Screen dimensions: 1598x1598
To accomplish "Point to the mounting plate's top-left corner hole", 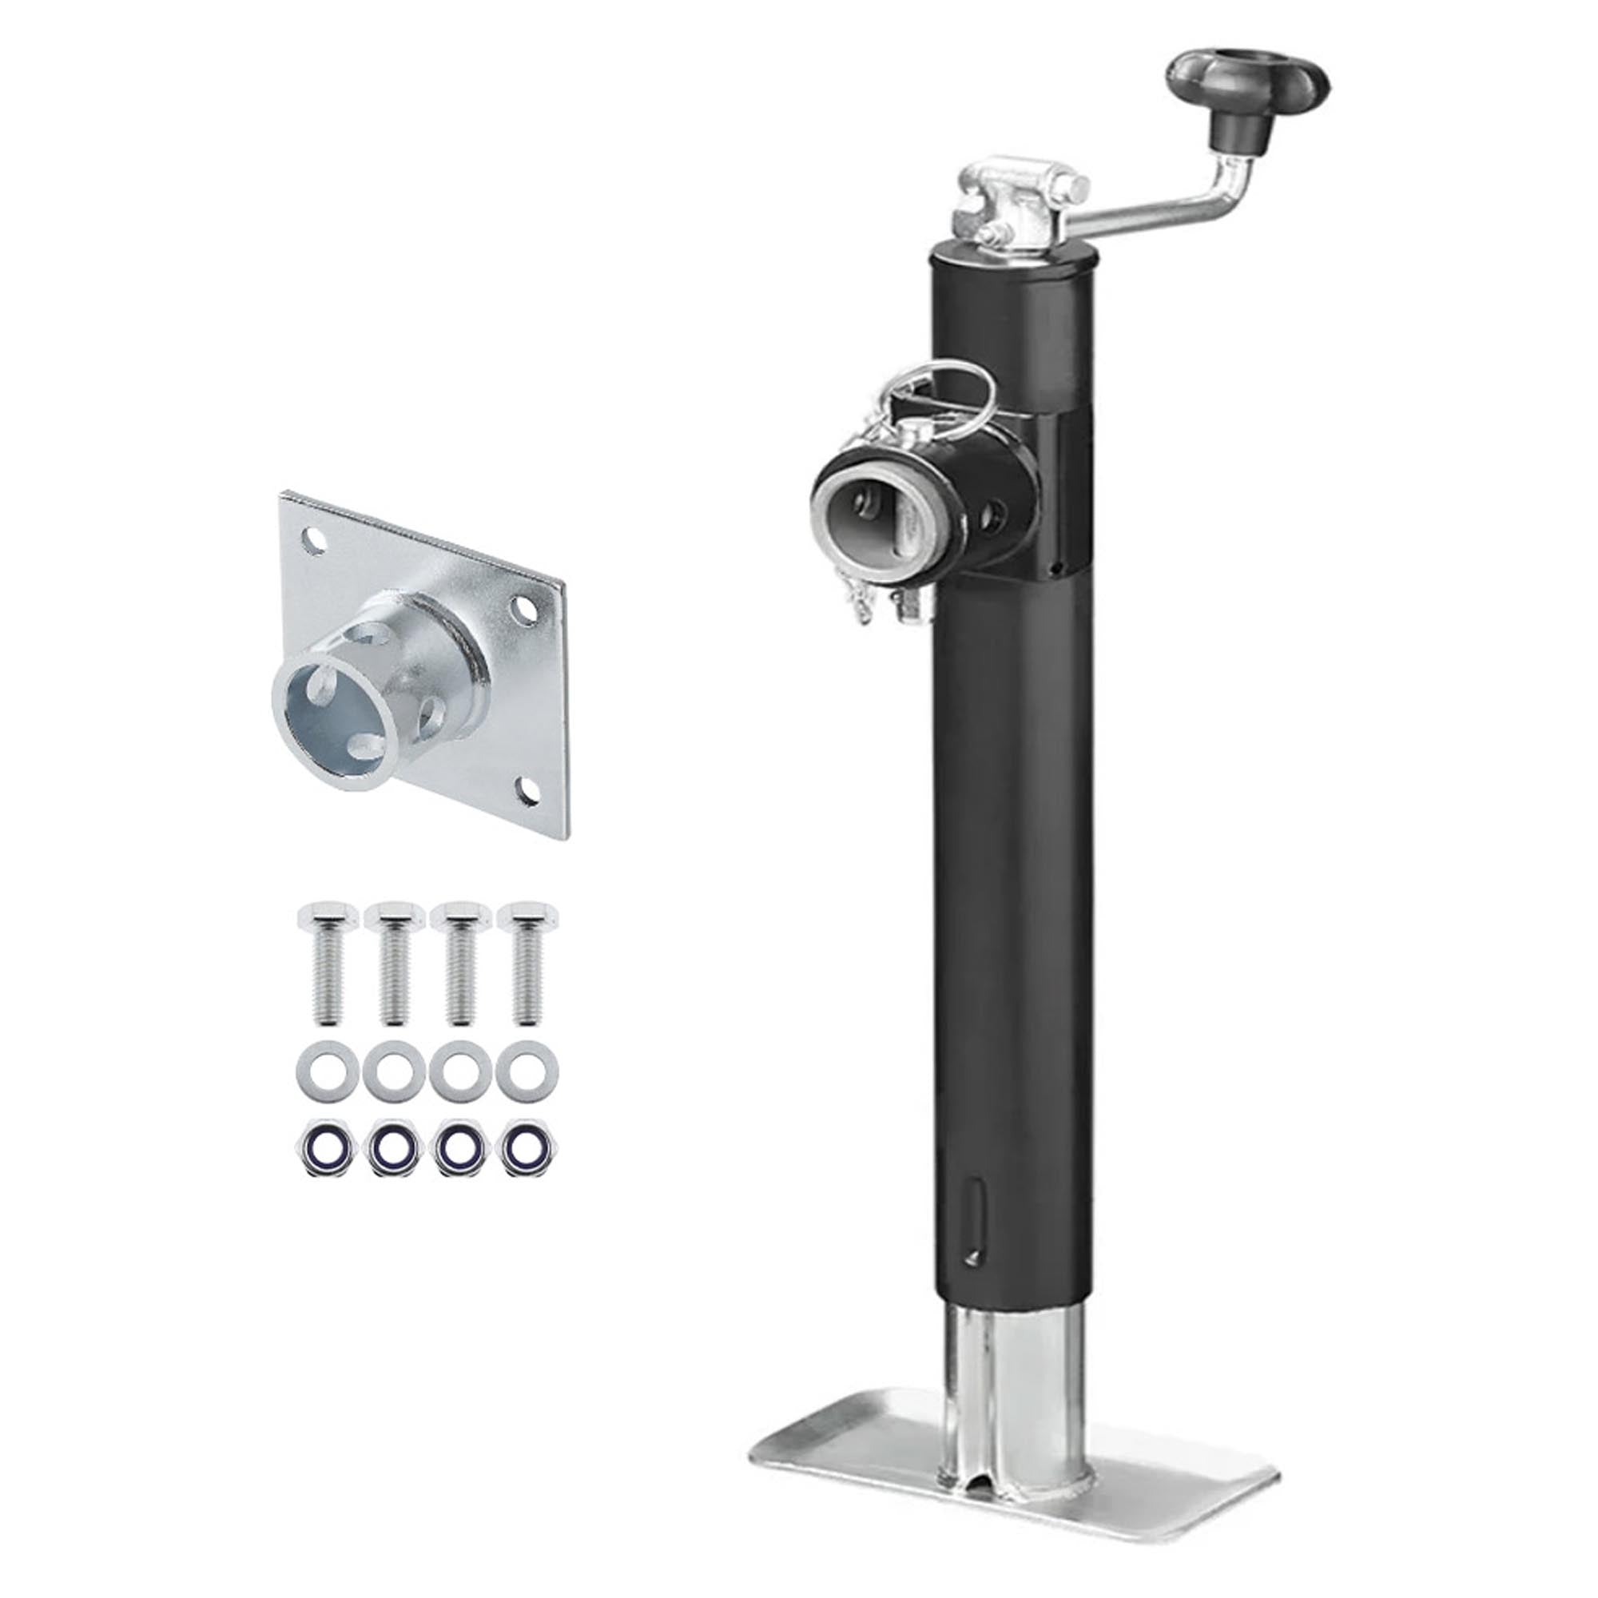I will tap(312, 540).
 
